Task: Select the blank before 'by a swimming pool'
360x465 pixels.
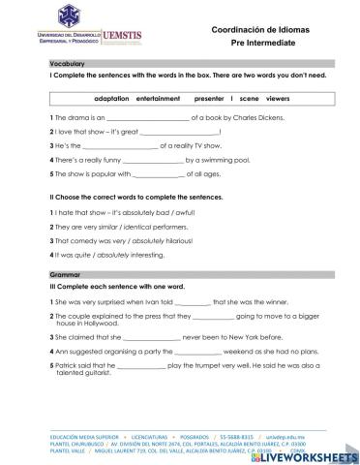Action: pyautogui.click(x=146, y=160)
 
